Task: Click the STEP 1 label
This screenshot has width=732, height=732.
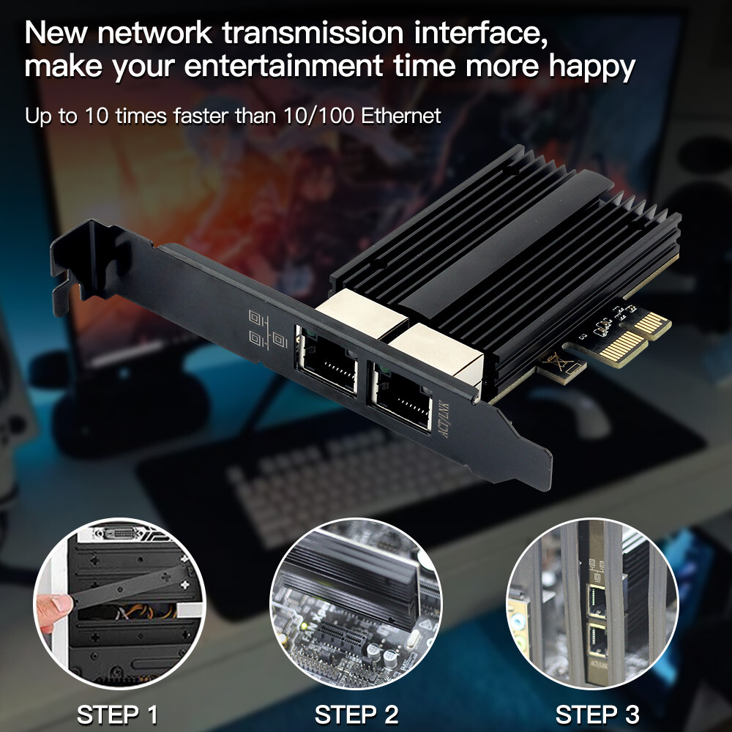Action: click(117, 714)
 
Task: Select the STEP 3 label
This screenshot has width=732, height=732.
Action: click(597, 714)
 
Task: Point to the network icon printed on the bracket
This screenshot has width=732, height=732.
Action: click(267, 327)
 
